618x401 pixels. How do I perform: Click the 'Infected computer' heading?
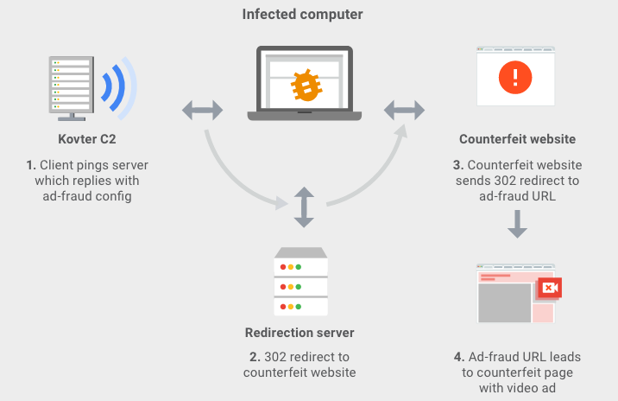302,15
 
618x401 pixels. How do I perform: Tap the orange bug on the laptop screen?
303,85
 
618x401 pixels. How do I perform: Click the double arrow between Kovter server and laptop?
203,110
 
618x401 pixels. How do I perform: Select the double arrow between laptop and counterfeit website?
404,110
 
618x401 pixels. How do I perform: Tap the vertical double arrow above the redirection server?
303,207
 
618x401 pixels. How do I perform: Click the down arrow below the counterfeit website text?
517,222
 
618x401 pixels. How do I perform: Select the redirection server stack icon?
300,282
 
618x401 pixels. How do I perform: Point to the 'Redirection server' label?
300,332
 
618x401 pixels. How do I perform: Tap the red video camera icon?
549,287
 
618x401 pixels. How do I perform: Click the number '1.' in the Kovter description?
30,164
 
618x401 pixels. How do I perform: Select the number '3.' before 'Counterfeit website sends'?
460,164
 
